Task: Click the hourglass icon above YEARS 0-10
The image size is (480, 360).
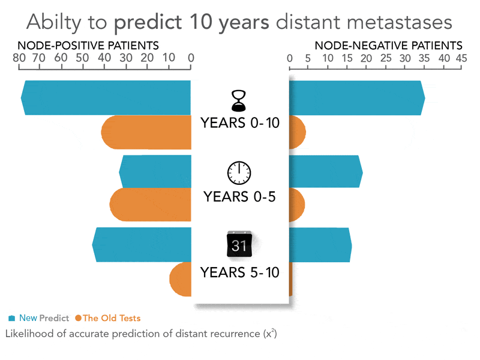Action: click(x=240, y=100)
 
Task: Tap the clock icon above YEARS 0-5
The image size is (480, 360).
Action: click(x=239, y=173)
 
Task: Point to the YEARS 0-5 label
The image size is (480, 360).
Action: click(x=239, y=197)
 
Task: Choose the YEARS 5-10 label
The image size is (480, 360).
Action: click(x=240, y=272)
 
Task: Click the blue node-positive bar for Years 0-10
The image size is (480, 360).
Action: click(x=106, y=97)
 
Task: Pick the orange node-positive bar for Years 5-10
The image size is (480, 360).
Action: click(x=181, y=280)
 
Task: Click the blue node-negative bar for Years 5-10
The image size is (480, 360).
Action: click(x=320, y=245)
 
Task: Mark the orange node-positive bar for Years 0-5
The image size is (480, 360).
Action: click(x=150, y=206)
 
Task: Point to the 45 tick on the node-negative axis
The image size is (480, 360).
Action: click(x=461, y=58)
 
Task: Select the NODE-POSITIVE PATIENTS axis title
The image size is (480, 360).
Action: click(x=88, y=46)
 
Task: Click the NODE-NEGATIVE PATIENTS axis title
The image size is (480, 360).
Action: click(x=388, y=46)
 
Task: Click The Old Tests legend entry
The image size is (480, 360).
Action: click(x=108, y=318)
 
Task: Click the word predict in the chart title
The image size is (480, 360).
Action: click(x=148, y=23)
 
